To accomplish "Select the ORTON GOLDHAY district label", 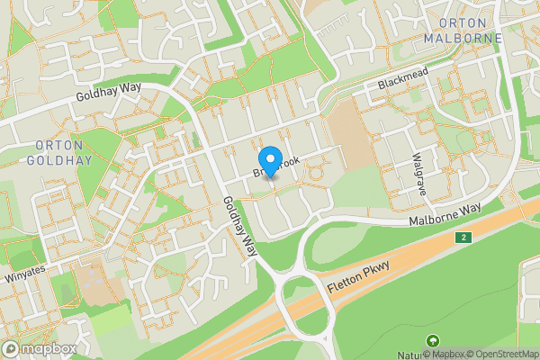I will pyautogui.click(x=60, y=154).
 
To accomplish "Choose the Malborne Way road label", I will pyautogui.click(x=445, y=215).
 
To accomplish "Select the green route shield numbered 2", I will pyautogui.click(x=463, y=238).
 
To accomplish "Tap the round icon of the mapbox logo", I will pyautogui.click(x=11, y=348).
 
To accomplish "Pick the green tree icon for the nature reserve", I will pyautogui.click(x=433, y=341).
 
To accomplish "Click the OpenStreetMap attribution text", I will pyautogui.click(x=505, y=353).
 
